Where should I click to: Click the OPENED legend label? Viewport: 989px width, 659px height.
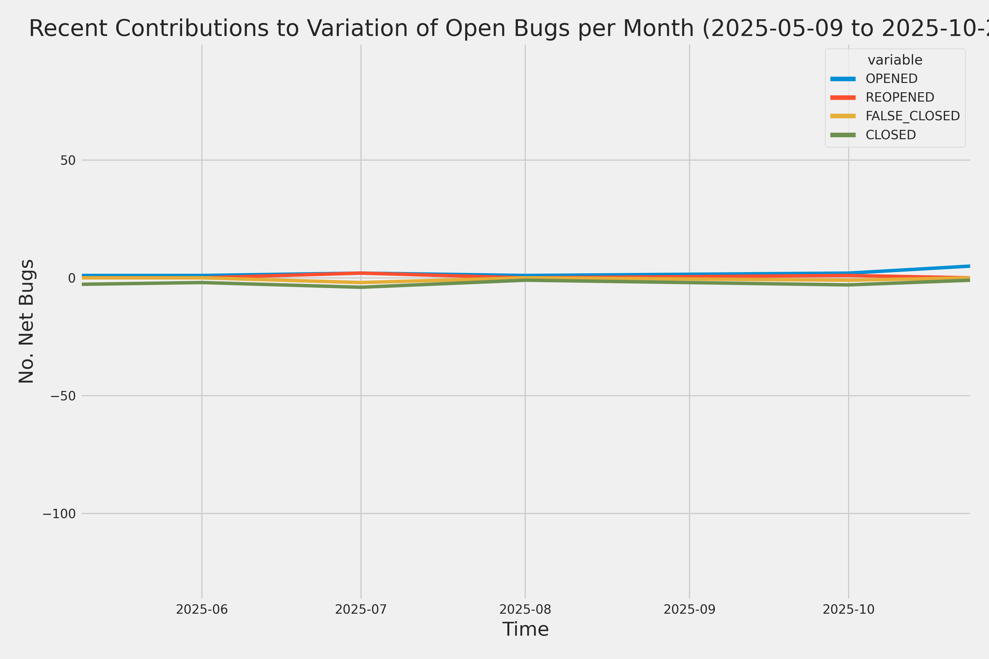coord(891,79)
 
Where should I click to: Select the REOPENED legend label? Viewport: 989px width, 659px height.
coord(900,97)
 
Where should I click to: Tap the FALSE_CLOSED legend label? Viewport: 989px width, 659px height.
coord(912,116)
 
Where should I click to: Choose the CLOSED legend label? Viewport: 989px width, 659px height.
coord(891,135)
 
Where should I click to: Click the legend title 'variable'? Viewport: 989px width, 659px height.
coord(895,60)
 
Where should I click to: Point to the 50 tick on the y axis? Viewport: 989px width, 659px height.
coord(68,160)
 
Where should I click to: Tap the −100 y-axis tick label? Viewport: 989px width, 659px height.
coord(59,513)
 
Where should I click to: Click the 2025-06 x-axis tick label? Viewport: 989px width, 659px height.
coord(202,609)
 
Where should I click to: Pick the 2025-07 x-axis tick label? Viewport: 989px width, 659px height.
coord(361,609)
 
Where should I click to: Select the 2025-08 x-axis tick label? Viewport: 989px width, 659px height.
coord(525,609)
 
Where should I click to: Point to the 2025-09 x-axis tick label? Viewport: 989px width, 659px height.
coord(690,609)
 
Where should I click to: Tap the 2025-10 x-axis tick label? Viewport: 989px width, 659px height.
coord(849,609)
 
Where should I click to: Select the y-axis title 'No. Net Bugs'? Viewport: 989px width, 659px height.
coord(26,321)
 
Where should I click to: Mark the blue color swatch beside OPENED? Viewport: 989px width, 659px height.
coord(843,79)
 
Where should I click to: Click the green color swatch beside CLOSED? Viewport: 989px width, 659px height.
coord(843,135)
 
